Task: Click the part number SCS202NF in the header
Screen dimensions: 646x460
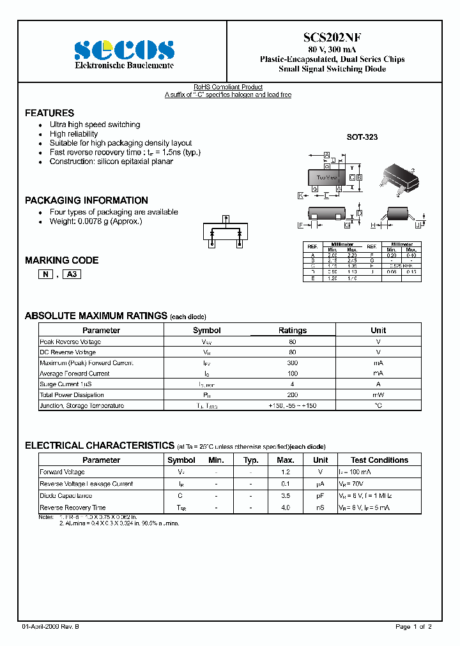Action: click(x=332, y=38)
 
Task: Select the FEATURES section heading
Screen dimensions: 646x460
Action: click(x=49, y=113)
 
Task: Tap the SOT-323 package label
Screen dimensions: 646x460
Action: click(x=362, y=137)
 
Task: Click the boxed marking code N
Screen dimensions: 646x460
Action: click(x=45, y=274)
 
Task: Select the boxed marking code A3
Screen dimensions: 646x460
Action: click(x=72, y=274)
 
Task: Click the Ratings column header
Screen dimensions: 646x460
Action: click(x=292, y=331)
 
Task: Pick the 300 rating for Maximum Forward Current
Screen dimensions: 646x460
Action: click(x=292, y=363)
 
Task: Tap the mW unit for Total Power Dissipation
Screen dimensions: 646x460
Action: click(x=378, y=395)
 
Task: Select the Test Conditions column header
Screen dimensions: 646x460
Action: click(x=379, y=460)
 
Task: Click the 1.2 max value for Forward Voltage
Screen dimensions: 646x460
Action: click(x=285, y=472)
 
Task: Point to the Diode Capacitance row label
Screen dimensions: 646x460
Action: click(x=66, y=495)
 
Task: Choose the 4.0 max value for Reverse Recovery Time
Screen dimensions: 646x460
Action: click(x=285, y=507)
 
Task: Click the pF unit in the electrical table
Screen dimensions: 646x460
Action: click(x=321, y=495)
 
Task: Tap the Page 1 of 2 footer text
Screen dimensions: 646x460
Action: click(x=413, y=627)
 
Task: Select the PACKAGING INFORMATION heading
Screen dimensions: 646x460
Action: click(x=86, y=200)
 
